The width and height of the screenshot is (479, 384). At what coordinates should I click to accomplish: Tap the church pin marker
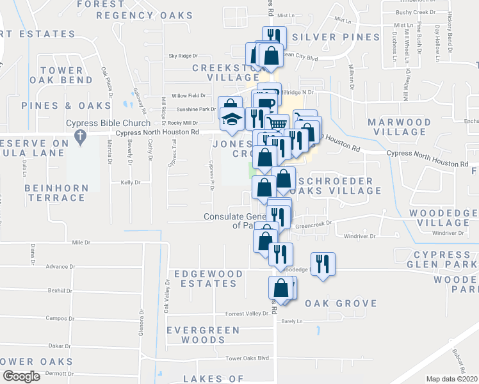coord(79,136)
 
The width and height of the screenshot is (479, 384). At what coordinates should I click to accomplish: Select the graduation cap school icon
coord(231,118)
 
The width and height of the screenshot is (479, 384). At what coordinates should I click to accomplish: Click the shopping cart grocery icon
coord(277,124)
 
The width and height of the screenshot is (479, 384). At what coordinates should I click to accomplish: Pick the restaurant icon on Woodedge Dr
coord(322,264)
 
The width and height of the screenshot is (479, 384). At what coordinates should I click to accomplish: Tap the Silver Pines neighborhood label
coord(336,37)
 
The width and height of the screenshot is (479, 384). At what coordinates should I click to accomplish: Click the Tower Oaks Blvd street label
coord(247,358)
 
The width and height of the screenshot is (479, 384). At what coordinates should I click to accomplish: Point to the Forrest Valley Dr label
coord(247,314)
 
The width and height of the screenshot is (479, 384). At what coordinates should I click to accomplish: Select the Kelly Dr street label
coord(130,182)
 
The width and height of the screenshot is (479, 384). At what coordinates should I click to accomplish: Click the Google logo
coord(21,376)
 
